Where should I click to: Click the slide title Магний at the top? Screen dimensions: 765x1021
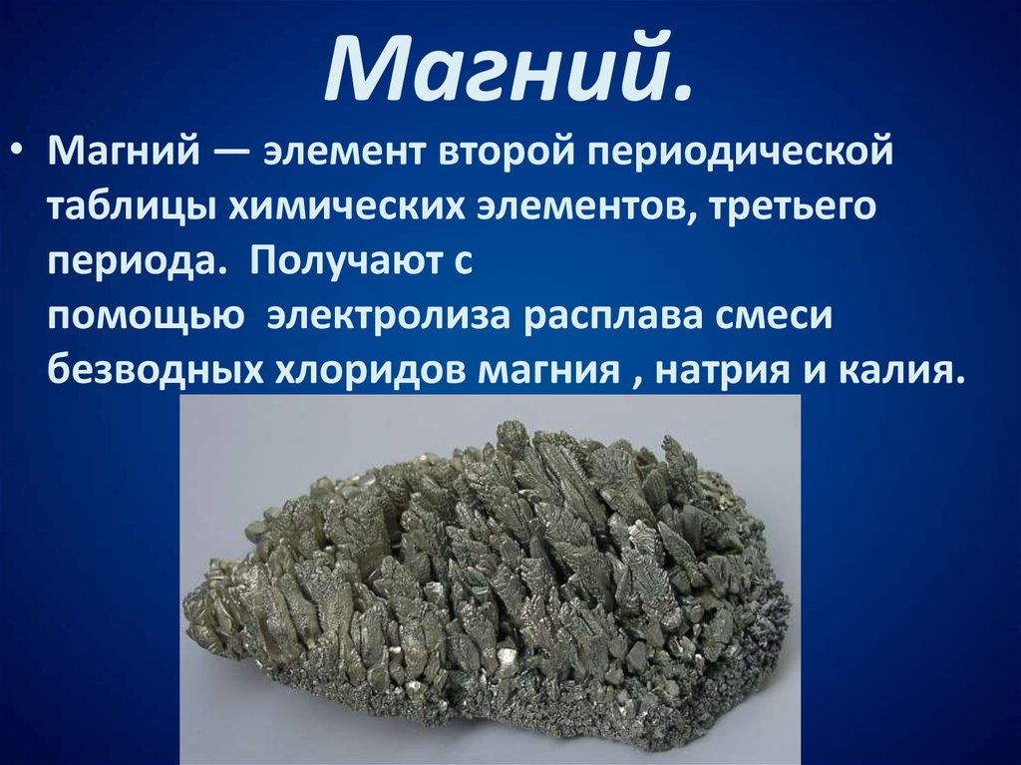pos(508,71)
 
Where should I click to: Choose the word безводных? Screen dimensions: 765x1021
pos(149,371)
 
